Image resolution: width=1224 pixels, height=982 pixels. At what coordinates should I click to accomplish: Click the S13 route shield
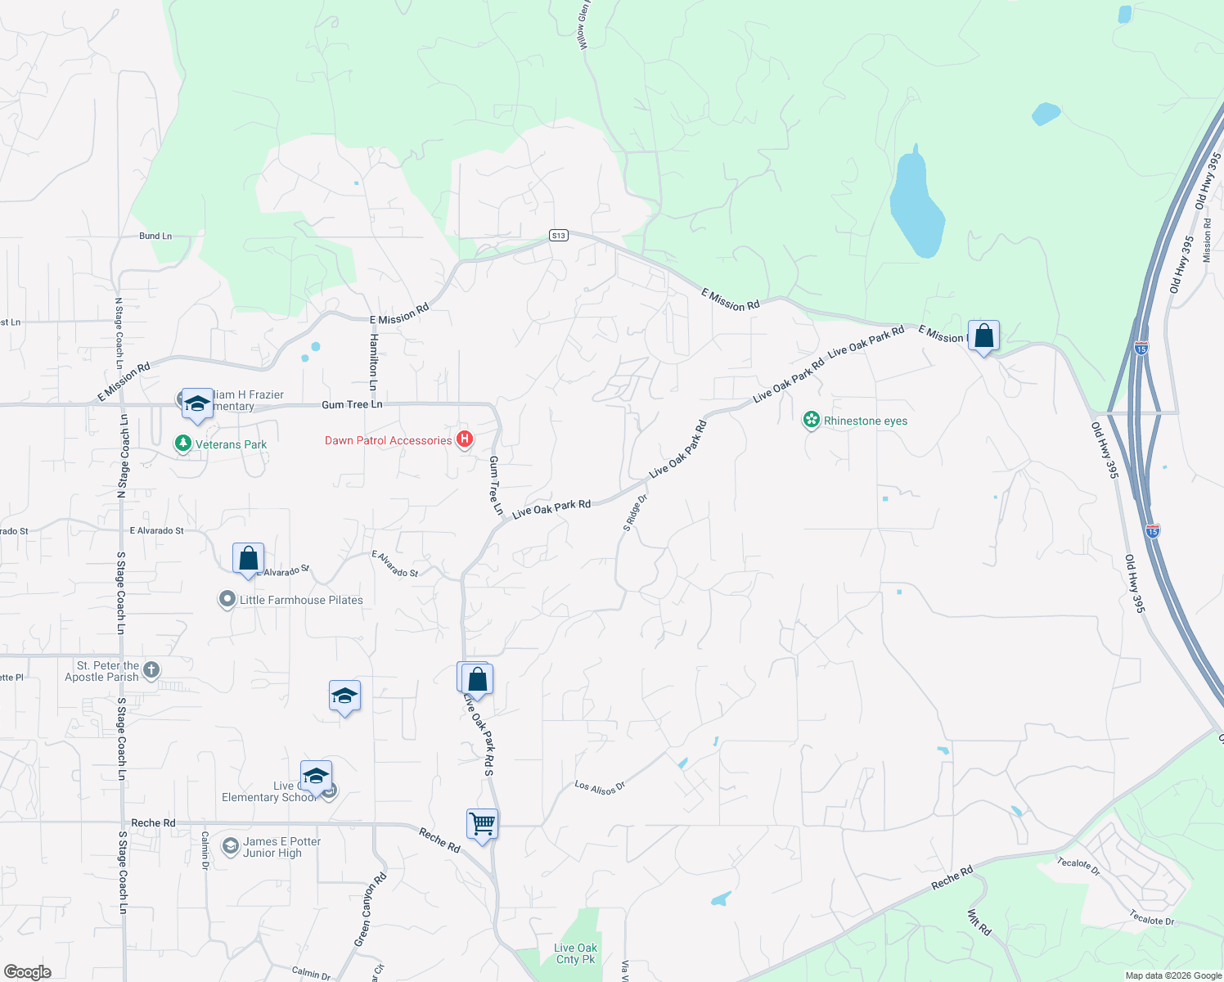558,236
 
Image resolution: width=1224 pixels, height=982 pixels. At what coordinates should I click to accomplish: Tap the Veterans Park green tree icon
183,444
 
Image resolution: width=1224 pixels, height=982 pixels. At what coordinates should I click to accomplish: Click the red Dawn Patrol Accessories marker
465,439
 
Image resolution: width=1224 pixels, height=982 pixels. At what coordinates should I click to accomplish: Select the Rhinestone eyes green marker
811,421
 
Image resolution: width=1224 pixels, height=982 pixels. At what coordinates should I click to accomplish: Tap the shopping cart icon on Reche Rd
482,824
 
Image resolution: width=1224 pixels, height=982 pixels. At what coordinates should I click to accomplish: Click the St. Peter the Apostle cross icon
151,671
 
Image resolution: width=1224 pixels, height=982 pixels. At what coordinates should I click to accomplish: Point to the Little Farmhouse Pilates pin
227,600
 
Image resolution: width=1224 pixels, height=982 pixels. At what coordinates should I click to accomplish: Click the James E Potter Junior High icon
231,846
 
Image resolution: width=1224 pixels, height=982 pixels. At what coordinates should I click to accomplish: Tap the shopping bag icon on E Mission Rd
983,336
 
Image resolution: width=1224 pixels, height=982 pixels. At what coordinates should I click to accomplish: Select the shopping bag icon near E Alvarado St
248,559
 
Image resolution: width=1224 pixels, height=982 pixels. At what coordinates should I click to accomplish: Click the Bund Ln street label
155,236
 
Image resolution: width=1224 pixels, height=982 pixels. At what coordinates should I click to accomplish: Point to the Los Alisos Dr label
600,787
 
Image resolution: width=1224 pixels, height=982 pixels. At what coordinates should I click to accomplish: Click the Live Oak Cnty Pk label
576,953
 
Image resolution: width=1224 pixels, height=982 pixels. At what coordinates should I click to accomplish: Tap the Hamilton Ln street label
373,361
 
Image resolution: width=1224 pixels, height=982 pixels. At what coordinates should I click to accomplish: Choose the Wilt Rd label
979,922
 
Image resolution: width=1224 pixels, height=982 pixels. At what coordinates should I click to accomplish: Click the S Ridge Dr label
635,513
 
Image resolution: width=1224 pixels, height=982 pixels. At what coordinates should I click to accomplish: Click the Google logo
27,971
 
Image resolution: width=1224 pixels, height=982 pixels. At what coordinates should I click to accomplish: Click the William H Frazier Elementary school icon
196,403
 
